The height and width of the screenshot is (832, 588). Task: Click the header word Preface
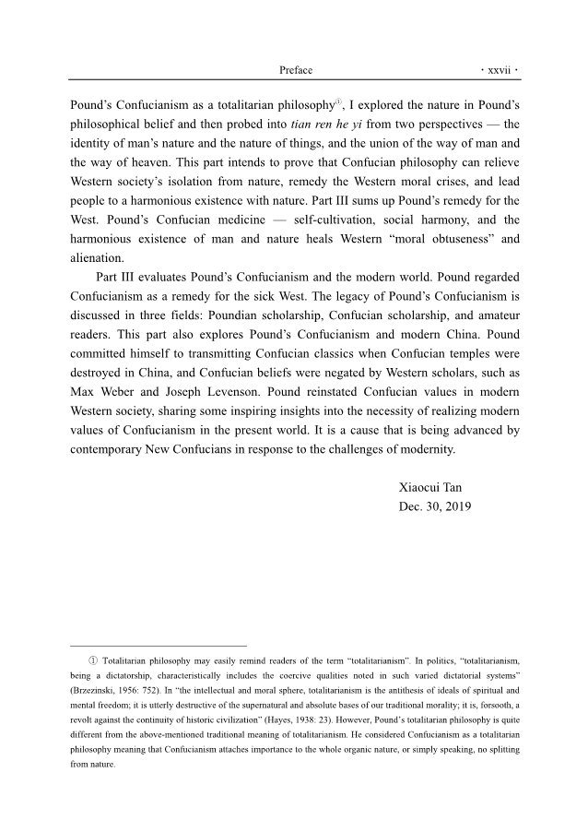[x=295, y=70]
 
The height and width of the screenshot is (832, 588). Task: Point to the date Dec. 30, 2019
[x=435, y=506]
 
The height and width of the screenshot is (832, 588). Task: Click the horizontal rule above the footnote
[x=159, y=647]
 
